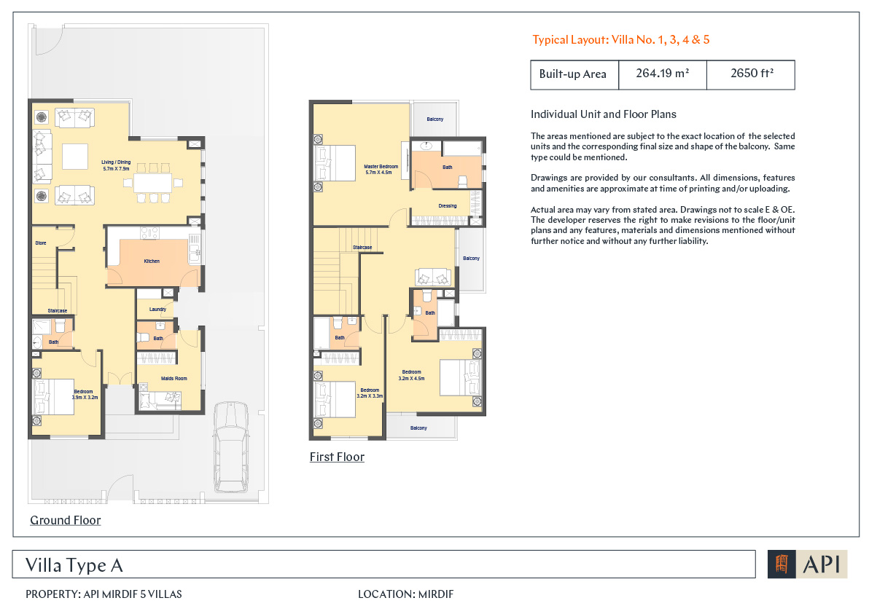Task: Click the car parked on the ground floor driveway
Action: click(x=231, y=446)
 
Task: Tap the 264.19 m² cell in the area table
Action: click(x=662, y=74)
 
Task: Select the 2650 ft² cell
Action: click(x=751, y=74)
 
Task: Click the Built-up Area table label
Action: click(x=572, y=74)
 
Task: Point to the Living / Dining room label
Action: click(x=117, y=165)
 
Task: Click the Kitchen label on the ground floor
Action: click(x=152, y=261)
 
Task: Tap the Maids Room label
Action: click(x=174, y=379)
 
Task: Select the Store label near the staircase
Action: click(x=40, y=243)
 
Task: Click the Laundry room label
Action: click(x=157, y=310)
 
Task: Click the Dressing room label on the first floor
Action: click(x=447, y=206)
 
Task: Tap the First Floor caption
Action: click(x=337, y=457)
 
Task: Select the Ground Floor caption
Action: click(x=66, y=521)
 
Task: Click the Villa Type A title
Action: click(x=74, y=565)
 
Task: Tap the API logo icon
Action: click(x=782, y=564)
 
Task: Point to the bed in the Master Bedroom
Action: click(x=335, y=163)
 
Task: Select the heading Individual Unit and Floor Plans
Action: click(x=604, y=114)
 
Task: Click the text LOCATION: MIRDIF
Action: click(x=405, y=594)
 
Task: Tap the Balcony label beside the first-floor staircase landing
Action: click(x=471, y=259)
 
